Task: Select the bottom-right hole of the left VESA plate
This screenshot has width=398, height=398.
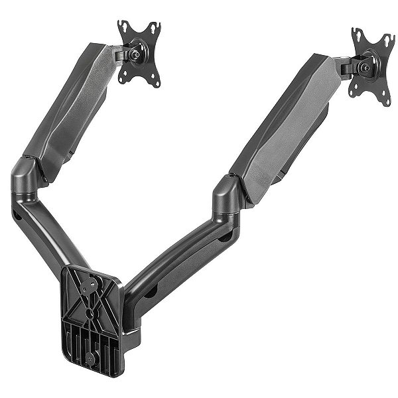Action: (157, 83)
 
